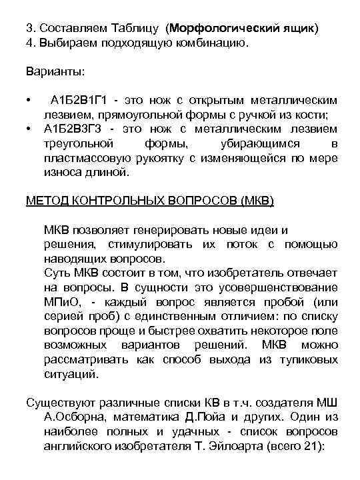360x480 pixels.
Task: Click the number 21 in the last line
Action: [x=309, y=447]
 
